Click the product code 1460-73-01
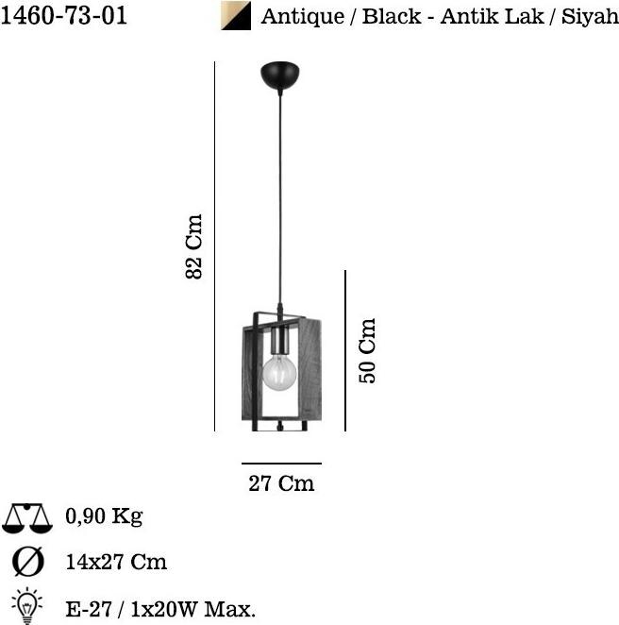click(64, 16)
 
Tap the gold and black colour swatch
click(236, 15)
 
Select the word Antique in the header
click(303, 17)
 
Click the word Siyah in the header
click(590, 17)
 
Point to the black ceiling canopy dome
click(279, 75)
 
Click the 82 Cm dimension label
click(194, 246)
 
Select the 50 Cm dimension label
click(367, 351)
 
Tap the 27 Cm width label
click(281, 483)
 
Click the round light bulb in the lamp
click(279, 373)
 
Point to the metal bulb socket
click(279, 341)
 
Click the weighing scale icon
click(27, 518)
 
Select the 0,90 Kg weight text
click(105, 516)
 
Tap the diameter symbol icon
click(28, 562)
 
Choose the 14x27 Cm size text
click(116, 562)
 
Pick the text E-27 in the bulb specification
click(89, 609)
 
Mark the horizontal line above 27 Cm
click(281, 464)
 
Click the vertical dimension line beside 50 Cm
click(345, 350)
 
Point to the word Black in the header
click(392, 17)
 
